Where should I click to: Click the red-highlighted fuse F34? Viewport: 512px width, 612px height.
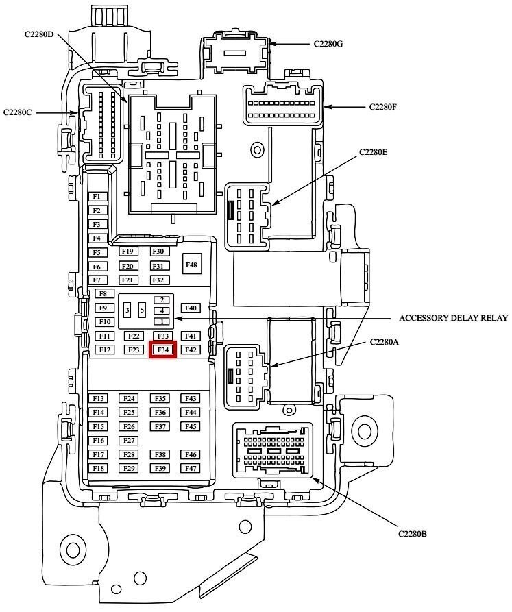pyautogui.click(x=162, y=350)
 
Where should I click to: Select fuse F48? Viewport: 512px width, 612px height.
pyautogui.click(x=191, y=265)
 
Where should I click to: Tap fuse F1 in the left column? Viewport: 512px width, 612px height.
pyautogui.click(x=97, y=197)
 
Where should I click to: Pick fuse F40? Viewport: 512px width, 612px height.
pyautogui.click(x=191, y=308)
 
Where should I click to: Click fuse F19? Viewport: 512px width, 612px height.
pyautogui.click(x=127, y=252)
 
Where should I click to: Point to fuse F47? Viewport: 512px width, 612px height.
pyautogui.click(x=191, y=468)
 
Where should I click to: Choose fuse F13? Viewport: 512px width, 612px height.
pyautogui.click(x=98, y=399)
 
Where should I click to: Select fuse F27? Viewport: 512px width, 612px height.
pyautogui.click(x=128, y=441)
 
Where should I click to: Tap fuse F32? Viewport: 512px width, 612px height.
pyautogui.click(x=159, y=280)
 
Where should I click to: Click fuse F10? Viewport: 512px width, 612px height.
pyautogui.click(x=104, y=322)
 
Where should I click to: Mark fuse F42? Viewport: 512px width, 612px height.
pyautogui.click(x=191, y=350)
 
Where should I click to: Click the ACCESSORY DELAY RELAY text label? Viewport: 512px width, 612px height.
pyautogui.click(x=453, y=318)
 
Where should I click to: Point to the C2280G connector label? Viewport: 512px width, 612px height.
pyautogui.click(x=328, y=44)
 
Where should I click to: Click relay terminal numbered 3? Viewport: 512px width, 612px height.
pyautogui.click(x=127, y=310)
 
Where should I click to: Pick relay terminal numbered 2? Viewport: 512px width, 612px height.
pyautogui.click(x=162, y=300)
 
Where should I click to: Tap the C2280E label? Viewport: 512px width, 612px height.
pyautogui.click(x=374, y=152)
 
